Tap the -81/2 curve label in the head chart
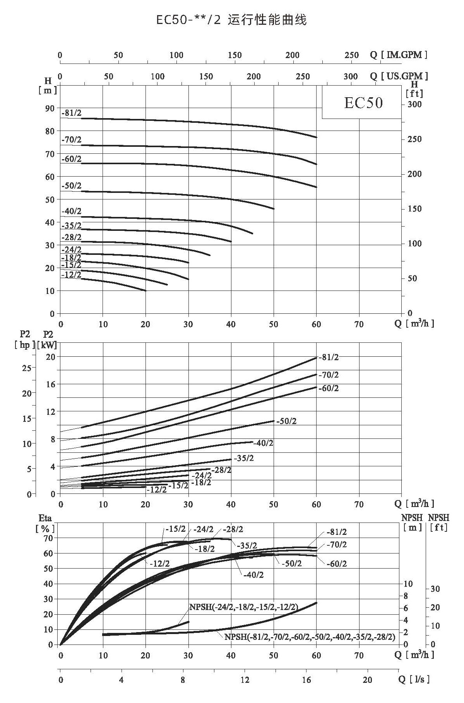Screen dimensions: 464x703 tap(72, 113)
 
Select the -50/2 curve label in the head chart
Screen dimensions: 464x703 tap(72, 186)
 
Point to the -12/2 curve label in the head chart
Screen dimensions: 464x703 tap(72, 275)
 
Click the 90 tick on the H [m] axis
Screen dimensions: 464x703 tap(50, 108)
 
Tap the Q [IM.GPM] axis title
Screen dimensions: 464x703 tap(399, 55)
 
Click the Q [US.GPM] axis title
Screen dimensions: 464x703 tap(399, 76)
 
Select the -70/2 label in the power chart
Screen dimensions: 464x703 tap(329, 375)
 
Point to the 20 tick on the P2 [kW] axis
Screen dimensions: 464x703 tap(51, 356)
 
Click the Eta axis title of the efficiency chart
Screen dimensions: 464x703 tap(45, 518)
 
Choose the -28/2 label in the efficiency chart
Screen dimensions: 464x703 tap(233, 529)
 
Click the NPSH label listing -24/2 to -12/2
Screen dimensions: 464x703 tap(244, 607)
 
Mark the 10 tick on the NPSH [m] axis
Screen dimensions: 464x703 tap(408, 584)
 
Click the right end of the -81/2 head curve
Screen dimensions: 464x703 tap(317, 137)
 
